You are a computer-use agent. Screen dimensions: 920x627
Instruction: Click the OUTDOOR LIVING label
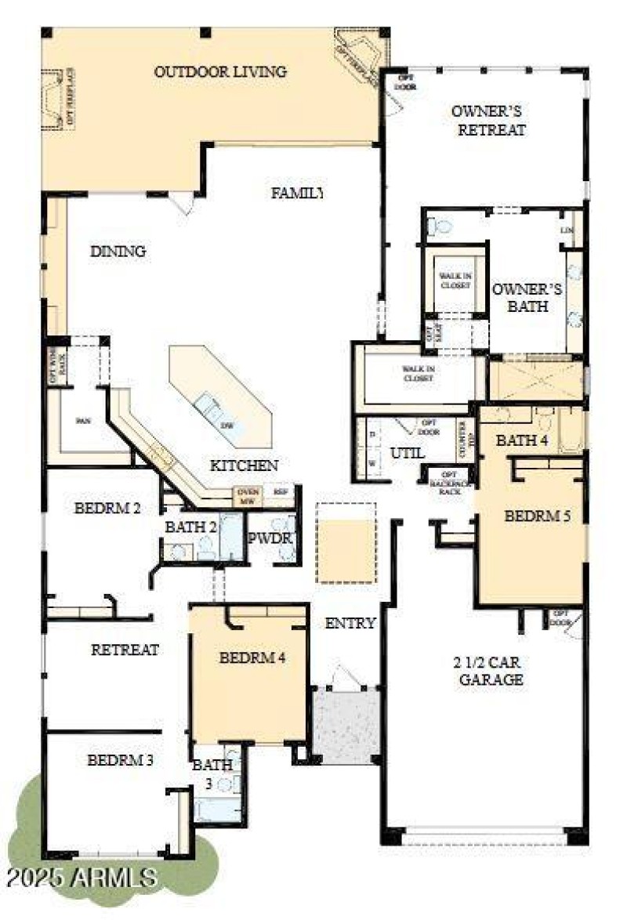click(x=220, y=72)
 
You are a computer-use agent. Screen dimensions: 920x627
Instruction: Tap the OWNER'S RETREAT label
click(x=488, y=121)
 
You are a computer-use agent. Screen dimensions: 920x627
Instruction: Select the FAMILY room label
click(x=297, y=193)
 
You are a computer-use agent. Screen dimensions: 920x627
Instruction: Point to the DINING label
click(x=118, y=252)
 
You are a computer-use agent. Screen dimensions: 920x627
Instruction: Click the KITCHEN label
click(x=244, y=465)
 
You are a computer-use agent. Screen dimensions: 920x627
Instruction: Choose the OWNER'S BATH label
click(x=527, y=297)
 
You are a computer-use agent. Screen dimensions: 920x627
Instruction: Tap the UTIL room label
click(x=407, y=453)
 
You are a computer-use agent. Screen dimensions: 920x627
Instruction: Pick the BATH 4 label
click(x=522, y=440)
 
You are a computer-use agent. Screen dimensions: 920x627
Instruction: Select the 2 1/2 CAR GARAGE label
click(x=487, y=671)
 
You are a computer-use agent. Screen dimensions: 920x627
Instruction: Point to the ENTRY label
click(x=350, y=624)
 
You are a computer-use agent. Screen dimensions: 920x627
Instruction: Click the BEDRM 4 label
click(x=252, y=658)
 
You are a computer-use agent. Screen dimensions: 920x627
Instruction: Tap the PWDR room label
click(x=270, y=539)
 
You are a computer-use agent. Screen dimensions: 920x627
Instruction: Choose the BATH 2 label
click(x=190, y=527)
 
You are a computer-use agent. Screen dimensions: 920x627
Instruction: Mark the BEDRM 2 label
click(x=107, y=508)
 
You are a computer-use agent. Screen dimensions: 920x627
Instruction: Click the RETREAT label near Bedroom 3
click(x=125, y=650)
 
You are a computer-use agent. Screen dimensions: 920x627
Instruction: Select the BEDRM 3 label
click(x=120, y=759)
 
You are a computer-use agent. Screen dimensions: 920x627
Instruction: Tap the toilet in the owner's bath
click(x=441, y=227)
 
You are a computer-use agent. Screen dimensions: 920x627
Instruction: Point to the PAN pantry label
click(x=83, y=421)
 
